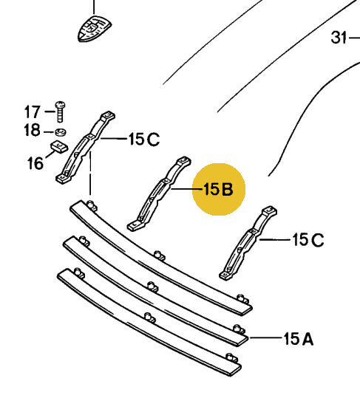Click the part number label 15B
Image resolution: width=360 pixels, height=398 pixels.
pos(218,189)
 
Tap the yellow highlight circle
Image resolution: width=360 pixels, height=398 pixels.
pos(219,189)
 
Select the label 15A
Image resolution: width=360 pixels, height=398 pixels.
pos(298,339)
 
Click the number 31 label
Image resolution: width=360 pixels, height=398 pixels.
pos(339,38)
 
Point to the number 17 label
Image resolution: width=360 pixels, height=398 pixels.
pos(33,111)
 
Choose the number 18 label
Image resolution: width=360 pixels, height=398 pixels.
pos(32,130)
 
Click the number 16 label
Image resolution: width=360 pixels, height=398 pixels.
pos(35,163)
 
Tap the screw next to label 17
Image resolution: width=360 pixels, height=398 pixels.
pos(60,111)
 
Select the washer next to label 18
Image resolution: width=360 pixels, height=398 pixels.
pos(61,132)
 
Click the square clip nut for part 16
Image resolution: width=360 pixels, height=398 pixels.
pos(59,147)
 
